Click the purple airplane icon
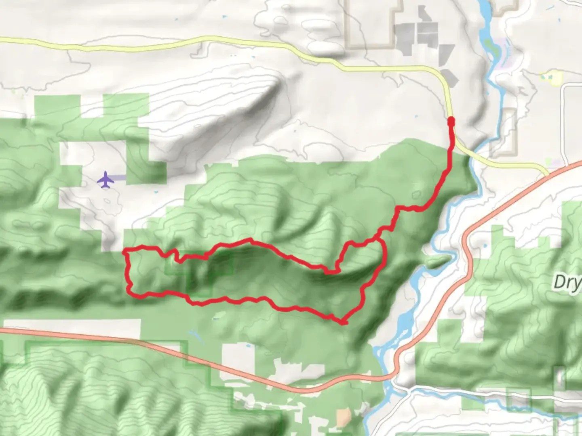coord(105,179)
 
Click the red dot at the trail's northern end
coord(451,120)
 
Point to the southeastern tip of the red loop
coord(344,323)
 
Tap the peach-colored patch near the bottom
coord(344,416)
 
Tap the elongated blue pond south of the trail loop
coord(193,334)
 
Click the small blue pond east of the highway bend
coord(484,245)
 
